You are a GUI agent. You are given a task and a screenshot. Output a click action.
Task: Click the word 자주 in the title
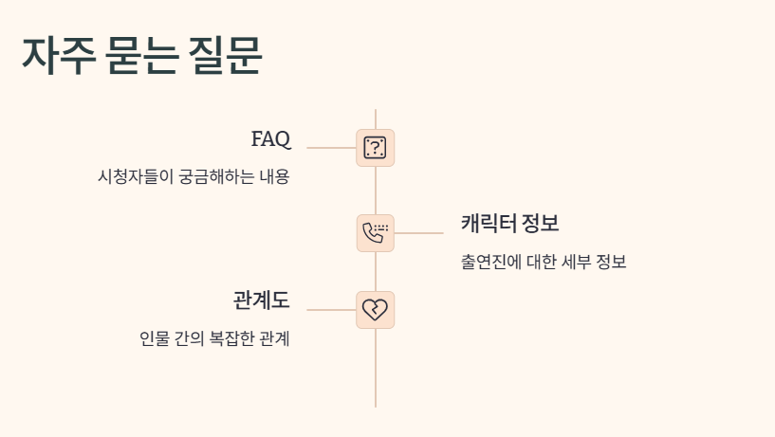[58, 56]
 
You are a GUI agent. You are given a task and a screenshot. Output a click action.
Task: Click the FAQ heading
[270, 139]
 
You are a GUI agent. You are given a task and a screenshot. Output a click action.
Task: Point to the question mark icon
[375, 148]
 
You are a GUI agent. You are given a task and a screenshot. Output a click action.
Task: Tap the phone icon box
[375, 233]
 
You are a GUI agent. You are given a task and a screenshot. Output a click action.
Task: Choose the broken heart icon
[375, 310]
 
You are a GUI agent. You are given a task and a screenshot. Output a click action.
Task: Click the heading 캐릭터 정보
[509, 225]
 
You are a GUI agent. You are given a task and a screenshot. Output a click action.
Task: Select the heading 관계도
[261, 300]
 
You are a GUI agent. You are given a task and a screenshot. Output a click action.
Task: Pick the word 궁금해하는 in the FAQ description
[216, 177]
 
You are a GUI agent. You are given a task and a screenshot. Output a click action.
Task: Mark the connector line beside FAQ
[331, 148]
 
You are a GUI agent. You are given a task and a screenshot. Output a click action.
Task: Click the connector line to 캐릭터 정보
[418, 233]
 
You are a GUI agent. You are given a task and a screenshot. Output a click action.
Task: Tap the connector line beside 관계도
[331, 310]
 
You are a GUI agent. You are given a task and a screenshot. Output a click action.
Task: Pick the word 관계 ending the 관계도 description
[275, 338]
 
